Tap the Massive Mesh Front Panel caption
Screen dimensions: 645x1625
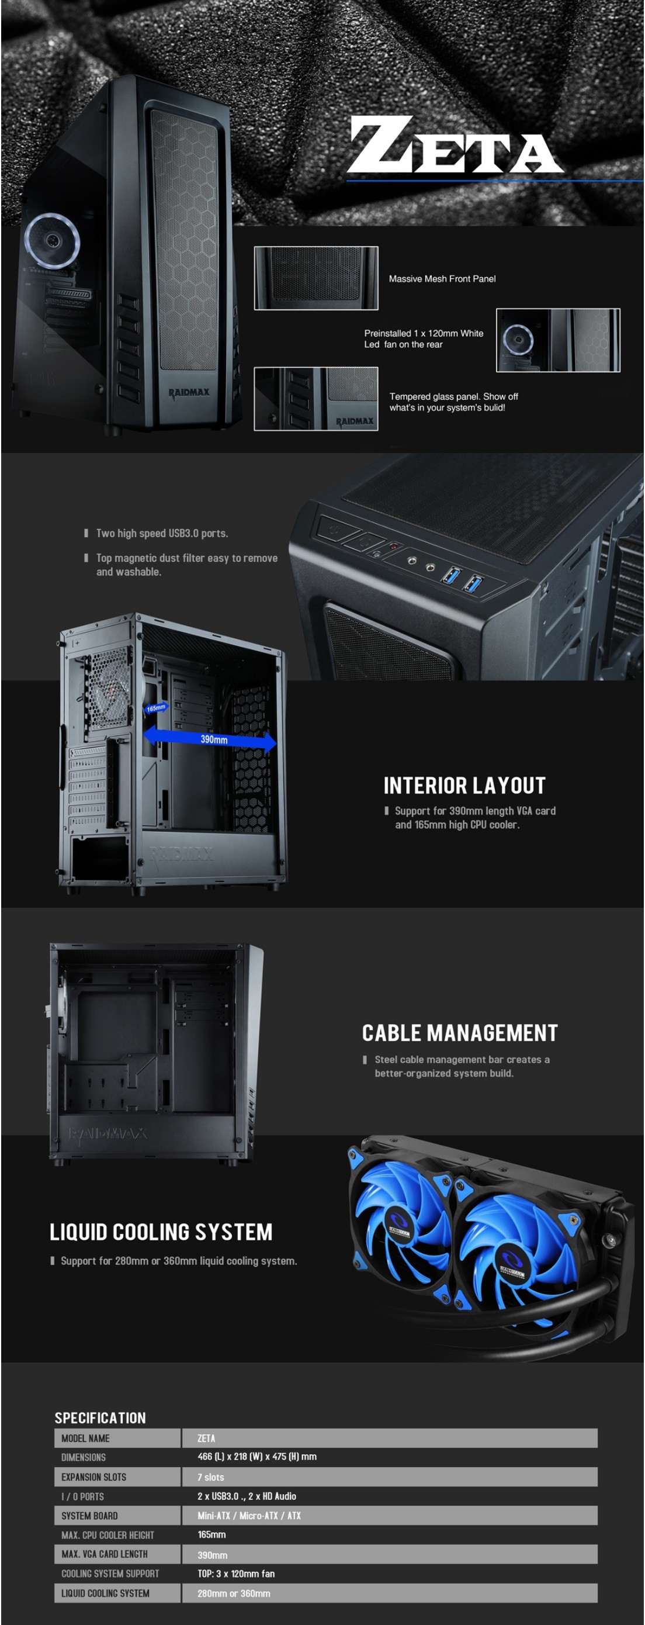click(x=442, y=279)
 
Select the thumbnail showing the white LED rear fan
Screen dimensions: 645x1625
click(x=558, y=340)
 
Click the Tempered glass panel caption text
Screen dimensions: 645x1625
click(x=453, y=402)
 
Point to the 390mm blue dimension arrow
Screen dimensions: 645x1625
click(x=210, y=739)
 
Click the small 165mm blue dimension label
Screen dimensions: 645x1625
click(x=156, y=708)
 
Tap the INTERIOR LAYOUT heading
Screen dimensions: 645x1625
click(x=464, y=786)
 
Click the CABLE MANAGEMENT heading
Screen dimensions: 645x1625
click(x=460, y=1033)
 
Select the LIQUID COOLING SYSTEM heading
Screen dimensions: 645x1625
click(x=161, y=1232)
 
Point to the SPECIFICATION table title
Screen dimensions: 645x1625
click(x=100, y=1417)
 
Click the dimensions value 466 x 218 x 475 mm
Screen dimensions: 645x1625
click(x=256, y=1457)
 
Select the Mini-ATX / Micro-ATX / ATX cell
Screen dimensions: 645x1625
click(x=249, y=1515)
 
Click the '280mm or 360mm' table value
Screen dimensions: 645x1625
click(x=234, y=1593)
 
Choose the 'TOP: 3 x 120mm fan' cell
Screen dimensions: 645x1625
click(x=236, y=1574)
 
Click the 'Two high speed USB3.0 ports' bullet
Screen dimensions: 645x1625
click(x=162, y=533)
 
